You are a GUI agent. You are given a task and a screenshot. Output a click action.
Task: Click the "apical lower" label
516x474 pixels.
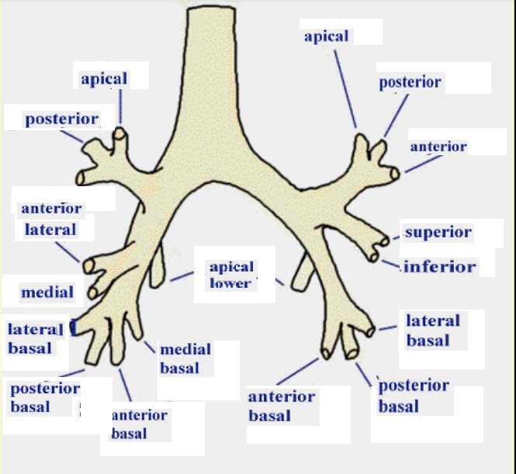point(231,275)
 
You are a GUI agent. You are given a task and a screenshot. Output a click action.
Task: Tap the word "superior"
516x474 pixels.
point(438,232)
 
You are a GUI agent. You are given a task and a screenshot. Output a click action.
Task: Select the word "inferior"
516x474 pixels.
point(439,267)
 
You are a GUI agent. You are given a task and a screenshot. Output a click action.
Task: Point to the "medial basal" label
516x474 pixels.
point(180,359)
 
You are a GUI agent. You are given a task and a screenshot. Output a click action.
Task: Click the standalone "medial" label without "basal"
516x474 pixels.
point(47,292)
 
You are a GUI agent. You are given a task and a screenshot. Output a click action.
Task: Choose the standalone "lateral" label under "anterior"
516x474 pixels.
point(50,229)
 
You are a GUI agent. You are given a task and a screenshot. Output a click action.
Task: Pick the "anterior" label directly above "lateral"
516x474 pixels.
point(51,209)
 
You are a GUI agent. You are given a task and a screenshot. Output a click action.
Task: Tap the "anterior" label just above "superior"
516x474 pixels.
point(438,147)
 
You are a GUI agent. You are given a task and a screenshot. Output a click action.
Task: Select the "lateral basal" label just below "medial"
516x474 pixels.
point(35,337)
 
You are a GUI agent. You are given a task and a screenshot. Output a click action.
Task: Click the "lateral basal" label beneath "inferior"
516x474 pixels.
point(433,330)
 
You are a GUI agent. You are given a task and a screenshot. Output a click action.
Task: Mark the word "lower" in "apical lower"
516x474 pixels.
point(230,282)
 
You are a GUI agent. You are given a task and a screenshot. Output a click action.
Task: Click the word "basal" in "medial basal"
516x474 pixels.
point(180,368)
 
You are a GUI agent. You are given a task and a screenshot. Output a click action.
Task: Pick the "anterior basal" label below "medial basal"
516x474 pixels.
point(140,424)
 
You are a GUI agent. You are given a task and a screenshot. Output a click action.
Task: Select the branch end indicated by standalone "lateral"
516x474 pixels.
point(89,266)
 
